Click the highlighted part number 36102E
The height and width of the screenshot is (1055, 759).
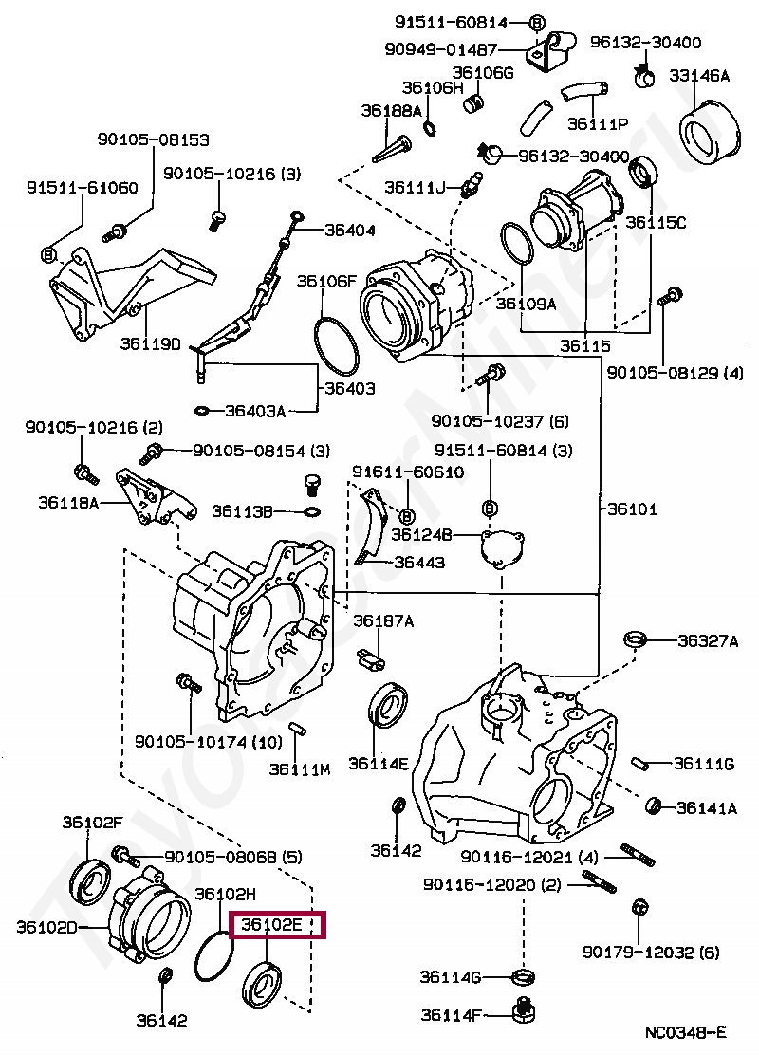click(272, 924)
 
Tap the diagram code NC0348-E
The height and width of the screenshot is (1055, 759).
click(686, 1033)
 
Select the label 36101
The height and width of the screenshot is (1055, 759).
click(632, 509)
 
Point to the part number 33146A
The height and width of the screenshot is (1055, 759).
click(699, 75)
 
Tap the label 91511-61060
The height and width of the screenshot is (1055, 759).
click(83, 187)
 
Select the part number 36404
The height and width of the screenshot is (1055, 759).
click(350, 231)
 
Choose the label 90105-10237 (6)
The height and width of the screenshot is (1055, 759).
click(500, 421)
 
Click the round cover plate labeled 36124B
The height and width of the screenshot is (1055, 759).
click(502, 548)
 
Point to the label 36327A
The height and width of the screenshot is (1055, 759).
click(708, 640)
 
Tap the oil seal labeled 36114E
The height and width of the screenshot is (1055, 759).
click(388, 705)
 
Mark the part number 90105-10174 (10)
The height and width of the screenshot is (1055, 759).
click(209, 742)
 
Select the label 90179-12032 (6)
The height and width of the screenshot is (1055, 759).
click(651, 952)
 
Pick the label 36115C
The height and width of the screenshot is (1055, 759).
click(656, 222)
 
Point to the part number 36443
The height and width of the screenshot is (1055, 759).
click(419, 562)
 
